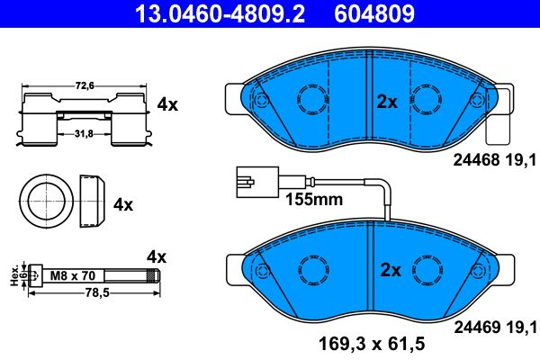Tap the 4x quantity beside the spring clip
167,104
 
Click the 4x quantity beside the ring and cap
122,204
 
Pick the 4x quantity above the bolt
157,256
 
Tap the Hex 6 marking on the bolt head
13,274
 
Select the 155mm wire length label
314,199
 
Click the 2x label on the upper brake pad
386,102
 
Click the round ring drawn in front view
41,202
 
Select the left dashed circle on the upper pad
311,101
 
